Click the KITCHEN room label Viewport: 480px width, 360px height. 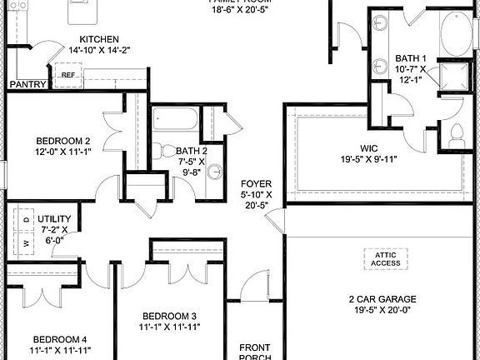(x=98, y=39)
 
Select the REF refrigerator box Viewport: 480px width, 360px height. (x=68, y=75)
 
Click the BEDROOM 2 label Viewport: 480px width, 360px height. (x=62, y=141)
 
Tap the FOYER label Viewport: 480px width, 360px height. (x=257, y=183)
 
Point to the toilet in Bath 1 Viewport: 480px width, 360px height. (x=457, y=132)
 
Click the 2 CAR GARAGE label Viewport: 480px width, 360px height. (x=382, y=298)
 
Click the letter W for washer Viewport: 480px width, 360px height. (x=27, y=243)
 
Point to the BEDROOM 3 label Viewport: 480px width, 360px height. (x=169, y=316)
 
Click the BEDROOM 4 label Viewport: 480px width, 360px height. (x=60, y=339)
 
